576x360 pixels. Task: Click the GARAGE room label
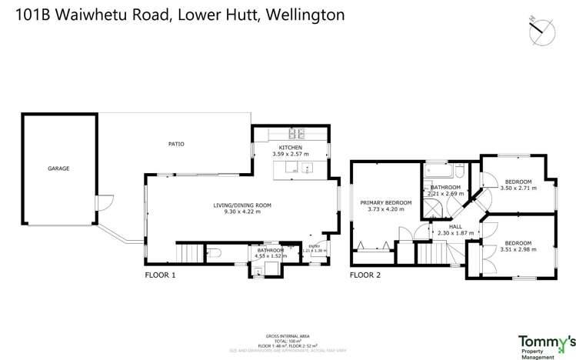coord(58,168)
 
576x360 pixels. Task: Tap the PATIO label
coord(176,144)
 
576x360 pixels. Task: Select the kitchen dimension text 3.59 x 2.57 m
coord(291,154)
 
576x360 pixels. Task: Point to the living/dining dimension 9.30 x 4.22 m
coord(242,212)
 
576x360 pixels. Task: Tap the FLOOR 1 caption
coord(161,275)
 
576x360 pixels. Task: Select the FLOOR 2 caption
coord(365,275)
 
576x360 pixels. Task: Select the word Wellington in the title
coord(301,15)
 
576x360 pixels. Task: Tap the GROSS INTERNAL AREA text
coord(287,336)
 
